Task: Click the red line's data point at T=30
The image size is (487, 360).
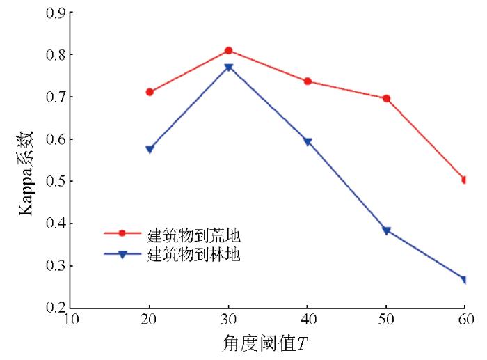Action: pyautogui.click(x=228, y=51)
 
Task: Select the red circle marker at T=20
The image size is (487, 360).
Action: pyautogui.click(x=150, y=92)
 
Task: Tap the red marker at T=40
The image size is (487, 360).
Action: pyautogui.click(x=307, y=81)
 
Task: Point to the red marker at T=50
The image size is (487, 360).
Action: pyautogui.click(x=385, y=99)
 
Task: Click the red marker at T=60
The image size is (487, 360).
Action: pyautogui.click(x=464, y=180)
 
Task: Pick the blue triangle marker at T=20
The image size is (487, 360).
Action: pyautogui.click(x=150, y=149)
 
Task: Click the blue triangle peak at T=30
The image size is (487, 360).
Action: pyautogui.click(x=228, y=68)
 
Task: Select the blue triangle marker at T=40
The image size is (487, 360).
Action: pyautogui.click(x=307, y=142)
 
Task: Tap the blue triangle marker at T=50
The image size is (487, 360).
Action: pyautogui.click(x=385, y=230)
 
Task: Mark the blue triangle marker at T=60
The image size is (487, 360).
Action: pyautogui.click(x=464, y=280)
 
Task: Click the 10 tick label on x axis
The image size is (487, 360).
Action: pyautogui.click(x=71, y=320)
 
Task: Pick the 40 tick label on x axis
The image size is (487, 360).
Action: pyautogui.click(x=307, y=320)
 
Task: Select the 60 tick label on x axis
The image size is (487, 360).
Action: pyautogui.click(x=464, y=320)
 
